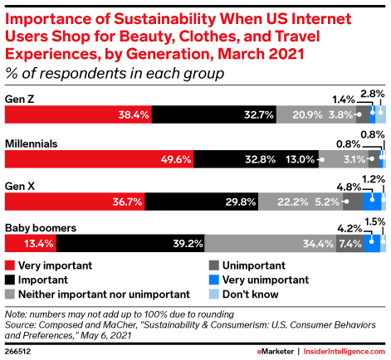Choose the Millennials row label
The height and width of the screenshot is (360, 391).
[x=32, y=143]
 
